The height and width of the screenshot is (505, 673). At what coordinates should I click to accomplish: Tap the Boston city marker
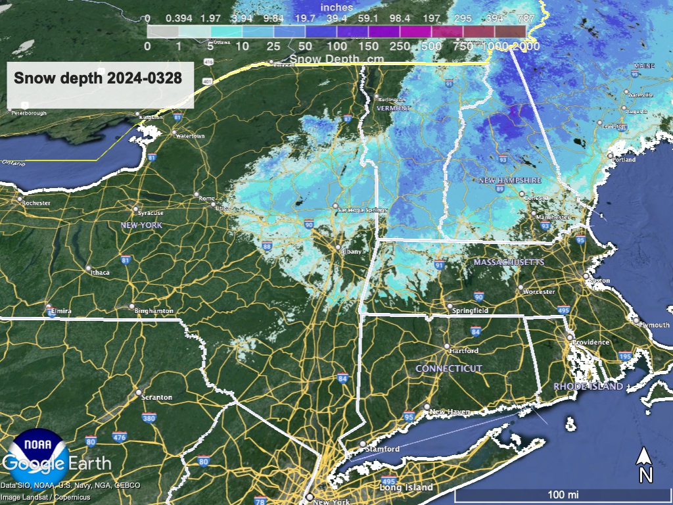tap(585, 276)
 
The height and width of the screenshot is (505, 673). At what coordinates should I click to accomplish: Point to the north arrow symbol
tap(645, 464)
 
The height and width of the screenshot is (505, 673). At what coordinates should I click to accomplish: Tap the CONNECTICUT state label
tap(449, 369)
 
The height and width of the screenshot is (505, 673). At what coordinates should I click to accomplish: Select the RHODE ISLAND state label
tap(588, 387)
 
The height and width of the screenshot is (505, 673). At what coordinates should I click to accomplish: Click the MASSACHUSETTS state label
tap(509, 262)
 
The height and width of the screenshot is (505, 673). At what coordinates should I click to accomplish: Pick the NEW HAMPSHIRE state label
tap(509, 180)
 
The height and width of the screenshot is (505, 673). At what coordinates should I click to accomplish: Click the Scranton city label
tap(158, 397)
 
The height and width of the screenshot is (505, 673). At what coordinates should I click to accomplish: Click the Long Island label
tap(406, 487)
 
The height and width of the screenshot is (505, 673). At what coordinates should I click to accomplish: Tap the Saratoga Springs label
tap(360, 210)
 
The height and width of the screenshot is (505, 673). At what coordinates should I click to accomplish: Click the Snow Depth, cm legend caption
tap(326, 59)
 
